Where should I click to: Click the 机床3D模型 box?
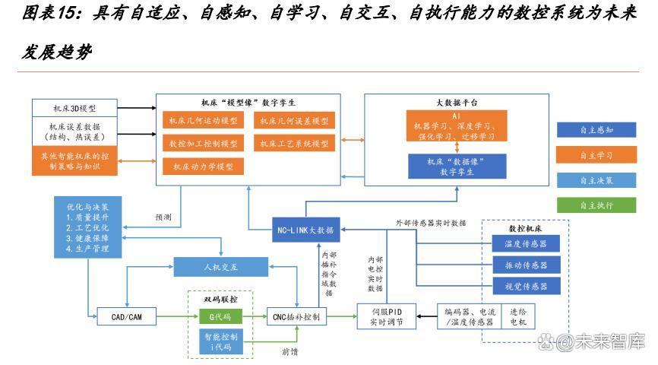click(x=74, y=107)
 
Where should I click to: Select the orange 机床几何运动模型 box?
click(x=202, y=121)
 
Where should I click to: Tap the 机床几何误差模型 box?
click(x=293, y=121)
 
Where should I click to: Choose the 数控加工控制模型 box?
click(x=202, y=143)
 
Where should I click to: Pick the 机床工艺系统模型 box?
click(x=293, y=143)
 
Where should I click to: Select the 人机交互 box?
click(x=220, y=267)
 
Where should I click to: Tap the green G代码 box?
click(x=220, y=316)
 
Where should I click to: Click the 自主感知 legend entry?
click(x=596, y=130)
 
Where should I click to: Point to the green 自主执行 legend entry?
click(x=596, y=205)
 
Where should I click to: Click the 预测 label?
click(x=163, y=217)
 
